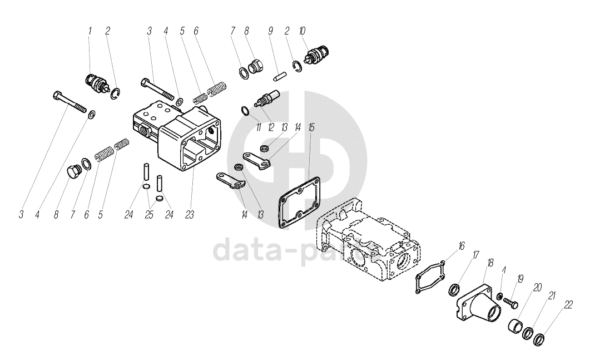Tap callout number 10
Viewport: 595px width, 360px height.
[x=302, y=32]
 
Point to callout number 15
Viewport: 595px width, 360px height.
[x=311, y=128]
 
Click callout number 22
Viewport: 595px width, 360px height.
[x=568, y=304]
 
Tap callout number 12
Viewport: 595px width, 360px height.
[x=271, y=128]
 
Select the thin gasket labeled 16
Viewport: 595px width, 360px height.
[x=429, y=277]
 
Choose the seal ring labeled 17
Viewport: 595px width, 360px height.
[x=454, y=290]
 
